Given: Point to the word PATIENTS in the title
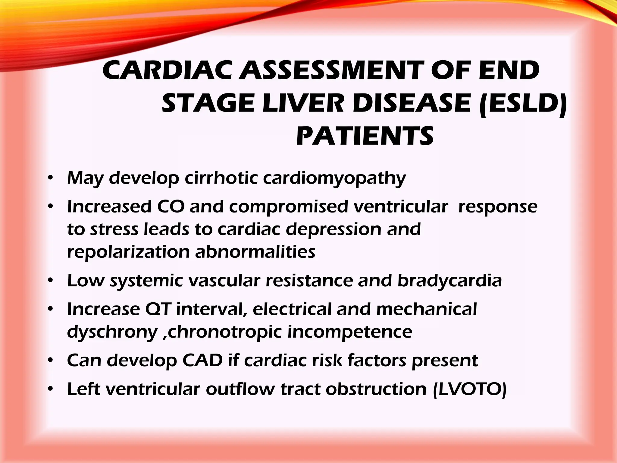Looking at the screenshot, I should (x=365, y=136).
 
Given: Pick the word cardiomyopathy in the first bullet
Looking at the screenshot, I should (x=334, y=178).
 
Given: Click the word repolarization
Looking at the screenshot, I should (x=128, y=252).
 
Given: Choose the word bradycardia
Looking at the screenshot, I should (x=449, y=281).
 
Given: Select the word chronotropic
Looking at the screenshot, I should (x=225, y=332).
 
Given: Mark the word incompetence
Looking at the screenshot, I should (x=350, y=332).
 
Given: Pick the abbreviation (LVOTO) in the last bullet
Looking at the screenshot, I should (x=470, y=389).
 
